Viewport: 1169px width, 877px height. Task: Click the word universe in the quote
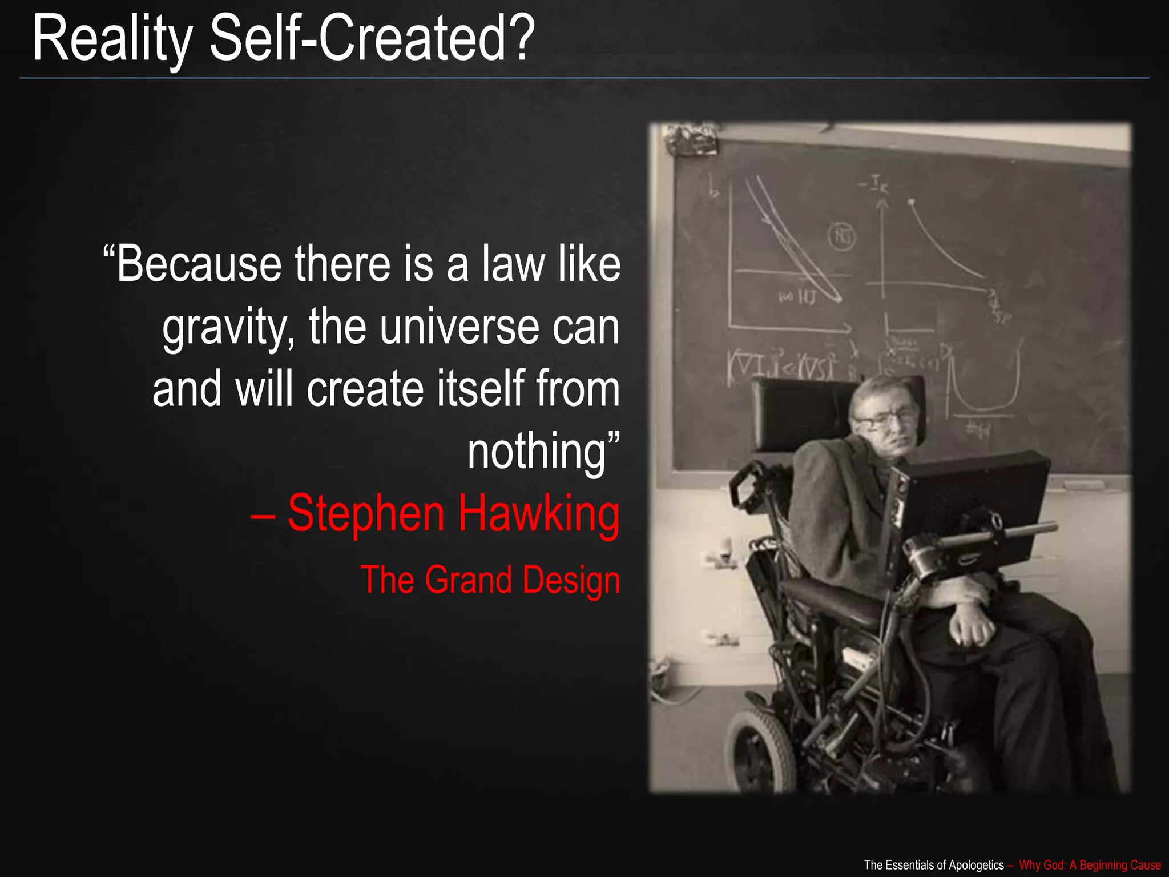[x=459, y=327]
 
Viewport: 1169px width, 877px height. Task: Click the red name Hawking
[x=538, y=514]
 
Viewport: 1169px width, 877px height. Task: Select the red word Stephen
[x=366, y=514]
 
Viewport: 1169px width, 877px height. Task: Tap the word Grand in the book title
[x=468, y=580]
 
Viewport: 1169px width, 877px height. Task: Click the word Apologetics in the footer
[x=975, y=865]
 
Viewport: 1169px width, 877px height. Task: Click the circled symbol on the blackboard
[x=841, y=236]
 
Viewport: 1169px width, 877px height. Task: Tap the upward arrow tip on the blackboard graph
[x=882, y=201]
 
